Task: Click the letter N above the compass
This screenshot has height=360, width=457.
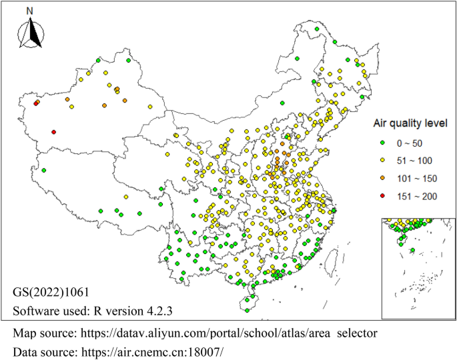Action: (x=29, y=11)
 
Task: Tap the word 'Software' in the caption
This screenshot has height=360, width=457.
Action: (x=34, y=310)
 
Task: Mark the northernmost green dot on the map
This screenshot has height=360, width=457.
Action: (x=316, y=29)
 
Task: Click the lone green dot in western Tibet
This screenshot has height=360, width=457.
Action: (x=43, y=171)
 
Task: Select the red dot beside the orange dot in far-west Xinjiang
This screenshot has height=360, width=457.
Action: (x=35, y=103)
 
